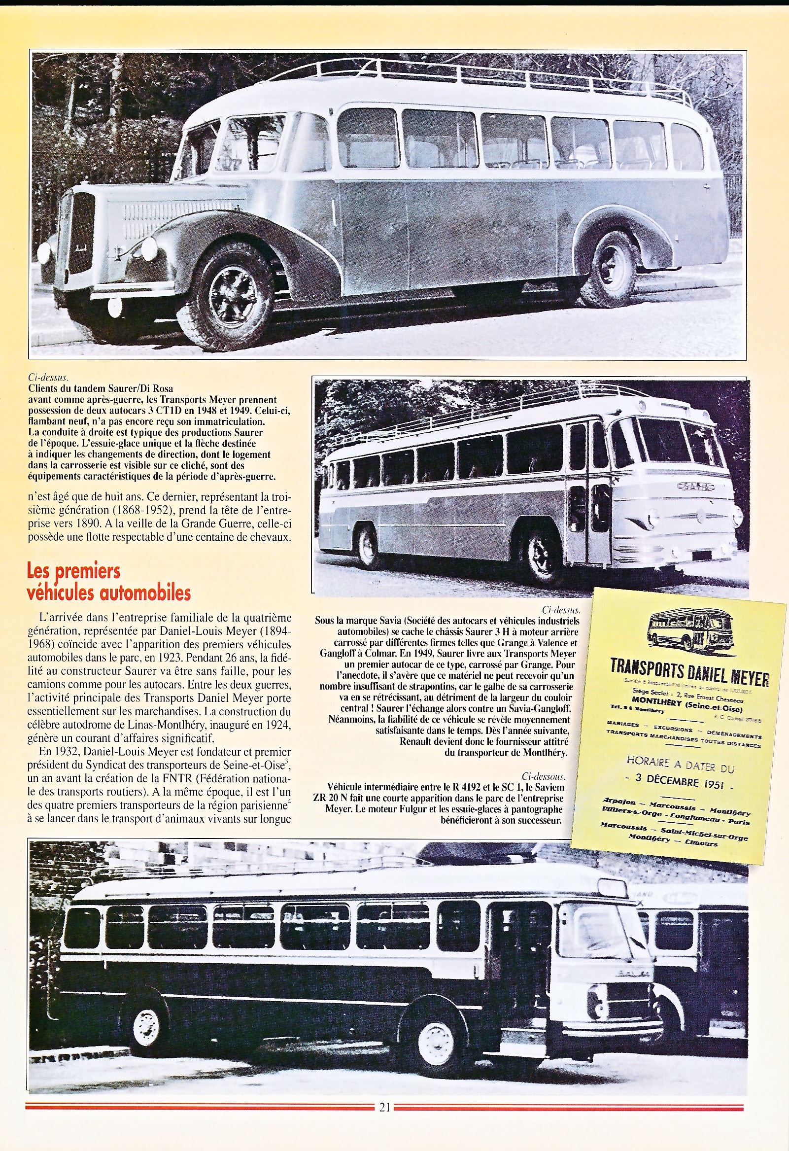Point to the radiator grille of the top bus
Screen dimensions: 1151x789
point(81,232)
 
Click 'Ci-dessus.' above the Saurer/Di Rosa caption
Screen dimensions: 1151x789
point(47,378)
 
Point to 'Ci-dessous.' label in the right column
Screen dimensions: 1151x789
point(544,776)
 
